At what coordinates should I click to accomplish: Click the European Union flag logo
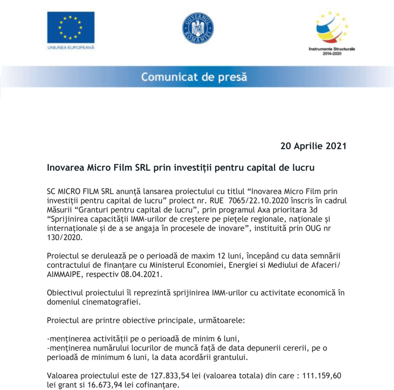click(71, 27)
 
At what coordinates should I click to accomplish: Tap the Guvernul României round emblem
click(198, 28)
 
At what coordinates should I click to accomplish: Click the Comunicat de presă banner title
click(194, 77)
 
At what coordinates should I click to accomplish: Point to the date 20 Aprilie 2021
click(313, 146)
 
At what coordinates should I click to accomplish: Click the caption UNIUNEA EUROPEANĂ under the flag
click(71, 48)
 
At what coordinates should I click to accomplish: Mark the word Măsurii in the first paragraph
click(59, 209)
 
